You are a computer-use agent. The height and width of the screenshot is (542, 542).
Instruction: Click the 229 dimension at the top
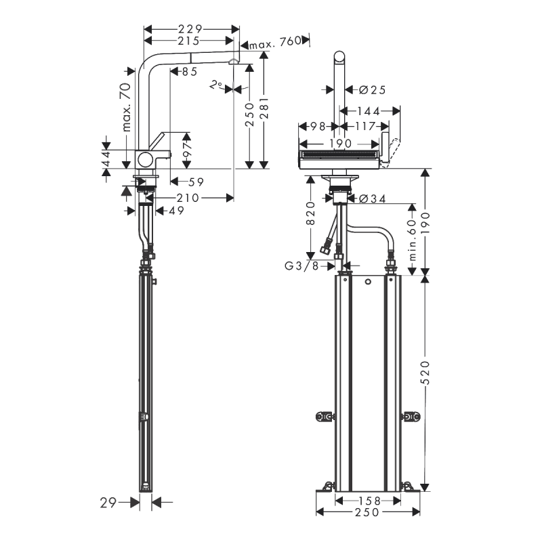click(x=192, y=29)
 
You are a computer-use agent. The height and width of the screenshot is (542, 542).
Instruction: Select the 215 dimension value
click(x=192, y=41)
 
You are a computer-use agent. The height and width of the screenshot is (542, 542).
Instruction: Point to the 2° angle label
click(x=215, y=85)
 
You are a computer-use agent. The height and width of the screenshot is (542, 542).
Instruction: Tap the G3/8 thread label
click(x=301, y=266)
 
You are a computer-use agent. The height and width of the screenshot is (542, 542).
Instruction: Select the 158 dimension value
click(x=369, y=501)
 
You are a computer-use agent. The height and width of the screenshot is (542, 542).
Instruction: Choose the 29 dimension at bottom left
click(x=108, y=502)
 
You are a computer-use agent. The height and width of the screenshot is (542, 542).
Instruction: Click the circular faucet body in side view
click(x=146, y=160)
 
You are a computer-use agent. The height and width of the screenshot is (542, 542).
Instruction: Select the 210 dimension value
click(x=188, y=198)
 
